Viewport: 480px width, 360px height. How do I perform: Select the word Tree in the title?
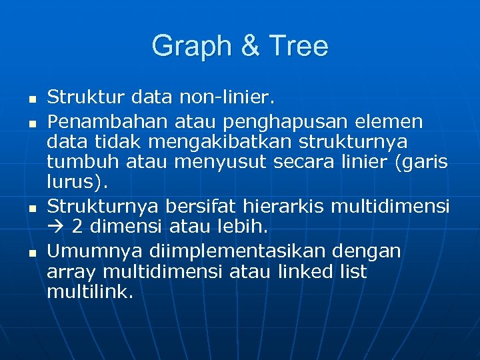[x=299, y=47]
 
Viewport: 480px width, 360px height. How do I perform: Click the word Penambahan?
[x=99, y=122]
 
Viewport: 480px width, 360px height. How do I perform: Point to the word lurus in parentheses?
[x=67, y=183]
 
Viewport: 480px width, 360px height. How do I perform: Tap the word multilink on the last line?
[x=88, y=292]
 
